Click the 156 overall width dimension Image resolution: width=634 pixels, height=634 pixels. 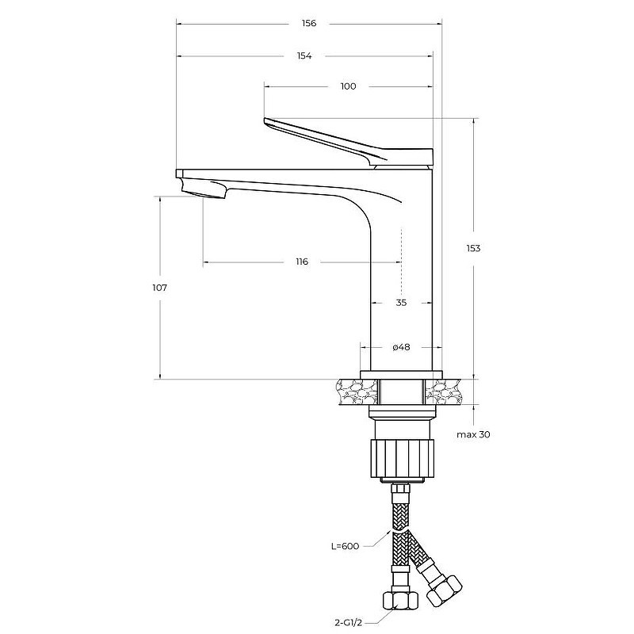[309, 24]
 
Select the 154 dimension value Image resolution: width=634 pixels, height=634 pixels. [304, 55]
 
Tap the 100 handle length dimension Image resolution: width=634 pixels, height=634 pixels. [348, 86]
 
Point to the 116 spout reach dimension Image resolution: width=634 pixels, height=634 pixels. [302, 262]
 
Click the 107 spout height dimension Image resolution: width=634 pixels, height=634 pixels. [159, 288]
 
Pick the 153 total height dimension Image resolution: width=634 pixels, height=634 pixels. [472, 248]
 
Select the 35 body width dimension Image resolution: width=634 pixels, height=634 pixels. [401, 303]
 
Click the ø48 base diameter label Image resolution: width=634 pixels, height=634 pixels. [401, 347]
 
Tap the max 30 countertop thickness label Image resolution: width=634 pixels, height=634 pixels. [473, 434]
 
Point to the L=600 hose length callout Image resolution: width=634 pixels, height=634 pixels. [345, 546]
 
